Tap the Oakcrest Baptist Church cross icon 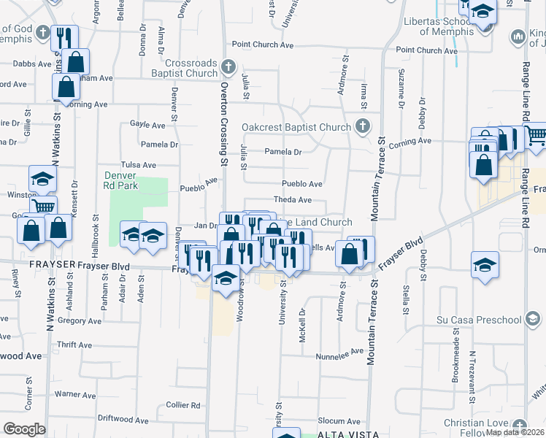pyautogui.click(x=362, y=127)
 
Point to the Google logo pyautogui.click(x=24, y=429)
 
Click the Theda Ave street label pyautogui.click(x=293, y=200)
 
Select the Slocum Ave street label pyautogui.click(x=339, y=422)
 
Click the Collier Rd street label pyautogui.click(x=182, y=404)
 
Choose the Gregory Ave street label pyautogui.click(x=79, y=320)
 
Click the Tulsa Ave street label pyautogui.click(x=139, y=166)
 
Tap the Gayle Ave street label pyautogui.click(x=148, y=125)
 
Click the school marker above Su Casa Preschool pyautogui.click(x=485, y=265)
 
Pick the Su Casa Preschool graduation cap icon pyautogui.click(x=534, y=320)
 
